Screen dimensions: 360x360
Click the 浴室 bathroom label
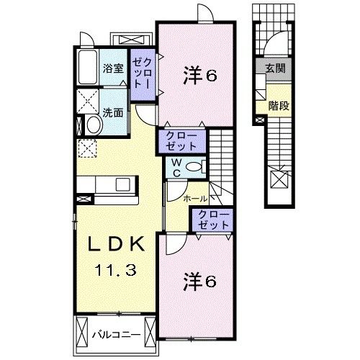point(113,69)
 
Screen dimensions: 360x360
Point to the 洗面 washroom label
point(112,112)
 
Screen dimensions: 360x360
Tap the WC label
point(175,167)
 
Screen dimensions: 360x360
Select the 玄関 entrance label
point(274,69)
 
